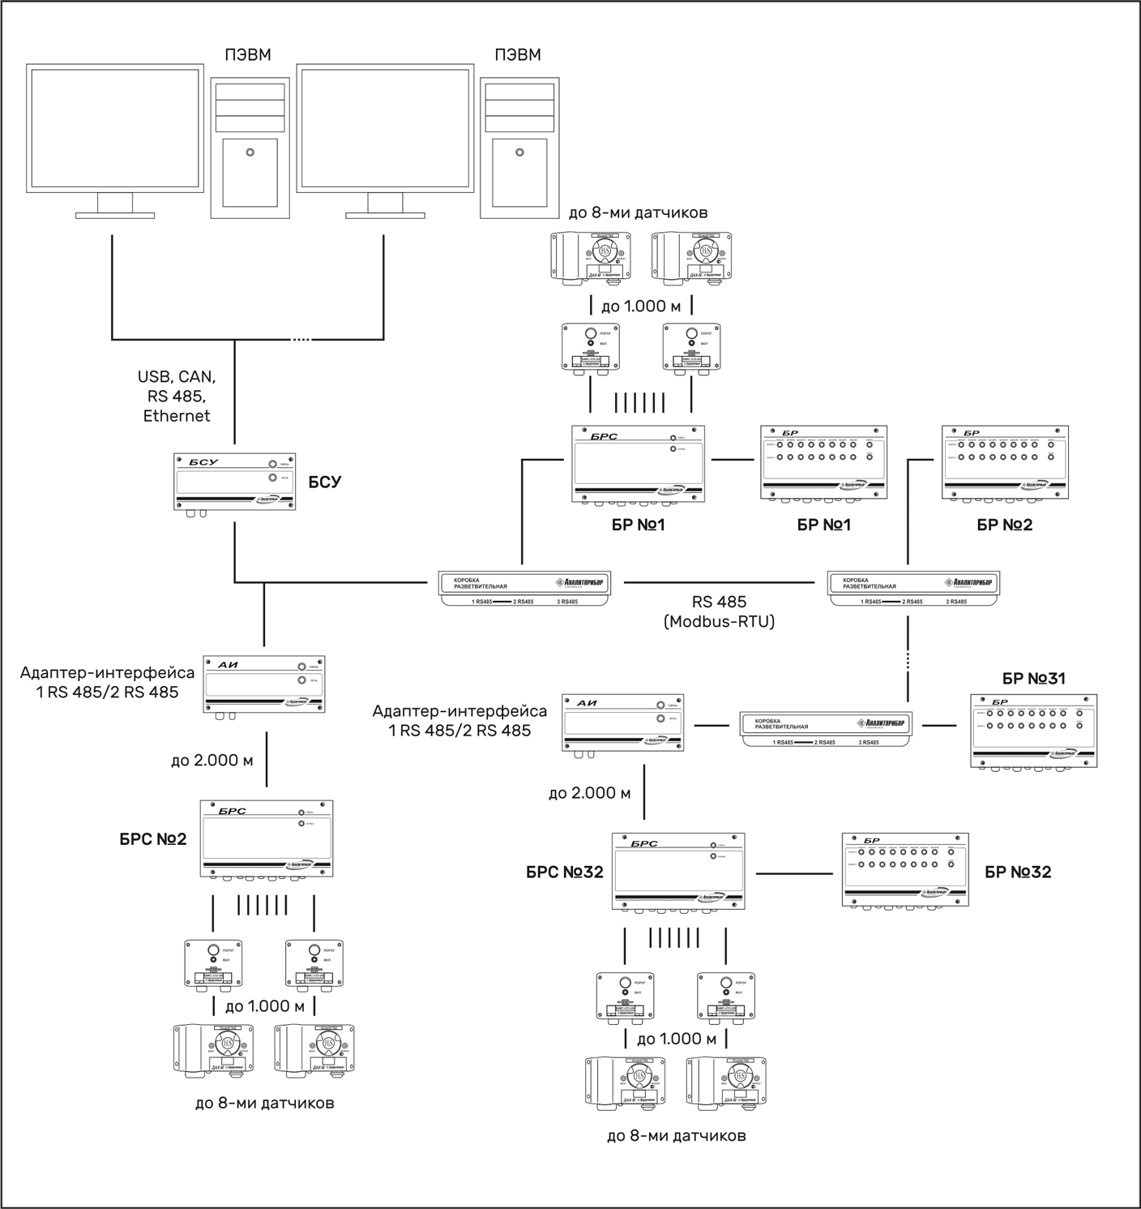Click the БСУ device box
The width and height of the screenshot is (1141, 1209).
click(234, 482)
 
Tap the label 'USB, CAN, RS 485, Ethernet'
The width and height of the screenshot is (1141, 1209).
click(177, 397)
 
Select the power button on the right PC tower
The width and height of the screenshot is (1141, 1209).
click(519, 152)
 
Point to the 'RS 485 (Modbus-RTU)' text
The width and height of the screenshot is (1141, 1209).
click(719, 612)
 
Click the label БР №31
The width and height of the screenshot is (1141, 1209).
click(1033, 679)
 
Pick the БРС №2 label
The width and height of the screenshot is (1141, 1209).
click(153, 839)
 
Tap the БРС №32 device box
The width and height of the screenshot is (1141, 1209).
click(678, 872)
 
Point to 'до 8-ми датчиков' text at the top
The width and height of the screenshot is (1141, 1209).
click(638, 212)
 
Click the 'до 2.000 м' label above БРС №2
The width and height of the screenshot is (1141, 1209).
click(212, 761)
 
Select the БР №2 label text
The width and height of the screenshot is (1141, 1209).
click(1004, 525)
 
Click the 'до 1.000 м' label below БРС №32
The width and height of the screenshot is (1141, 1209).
click(676, 1039)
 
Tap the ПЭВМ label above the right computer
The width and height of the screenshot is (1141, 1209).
click(517, 55)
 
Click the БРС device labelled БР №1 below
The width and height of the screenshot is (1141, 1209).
click(638, 465)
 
